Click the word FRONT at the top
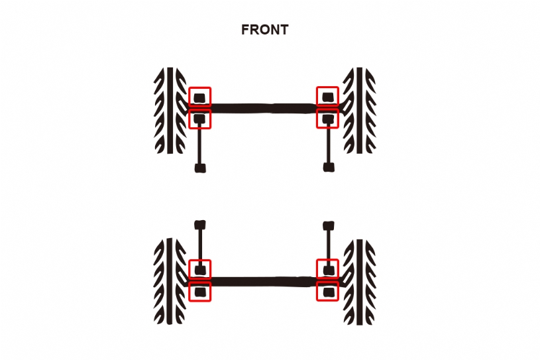pyautogui.click(x=264, y=30)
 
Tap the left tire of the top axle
pyautogui.click(x=170, y=110)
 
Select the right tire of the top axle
pyautogui.click(x=360, y=110)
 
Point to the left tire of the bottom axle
pyautogui.click(x=170, y=281)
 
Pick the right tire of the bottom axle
pyautogui.click(x=360, y=282)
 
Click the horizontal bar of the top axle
pyautogui.click(x=264, y=108)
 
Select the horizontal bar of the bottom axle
pyautogui.click(x=264, y=282)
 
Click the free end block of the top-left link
pyautogui.click(x=200, y=168)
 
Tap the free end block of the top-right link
pyautogui.click(x=329, y=168)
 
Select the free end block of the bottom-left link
pyautogui.click(x=200, y=225)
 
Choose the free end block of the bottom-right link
pyautogui.click(x=329, y=226)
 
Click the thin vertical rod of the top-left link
pyautogui.click(x=200, y=144)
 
